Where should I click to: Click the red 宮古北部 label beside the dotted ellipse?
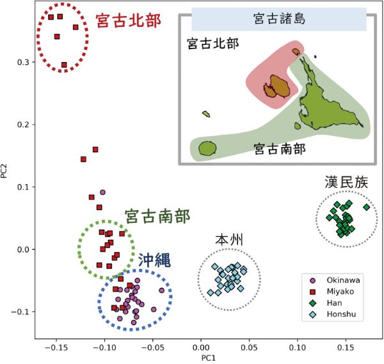point(129,21)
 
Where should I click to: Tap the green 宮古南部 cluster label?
point(157,216)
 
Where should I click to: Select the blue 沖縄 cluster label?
point(154,260)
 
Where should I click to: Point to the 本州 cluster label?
point(229,239)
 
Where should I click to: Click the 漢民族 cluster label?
point(346,182)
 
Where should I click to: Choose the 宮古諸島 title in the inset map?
point(280,19)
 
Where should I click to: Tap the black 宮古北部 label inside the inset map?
point(213,43)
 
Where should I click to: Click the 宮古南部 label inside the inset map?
point(280,149)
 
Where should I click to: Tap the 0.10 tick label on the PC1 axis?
point(298,347)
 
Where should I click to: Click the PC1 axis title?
point(209,358)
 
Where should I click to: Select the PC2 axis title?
point(4,171)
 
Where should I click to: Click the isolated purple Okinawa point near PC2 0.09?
point(102,192)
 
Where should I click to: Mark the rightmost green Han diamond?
point(367,208)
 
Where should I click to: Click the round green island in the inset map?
point(207,148)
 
